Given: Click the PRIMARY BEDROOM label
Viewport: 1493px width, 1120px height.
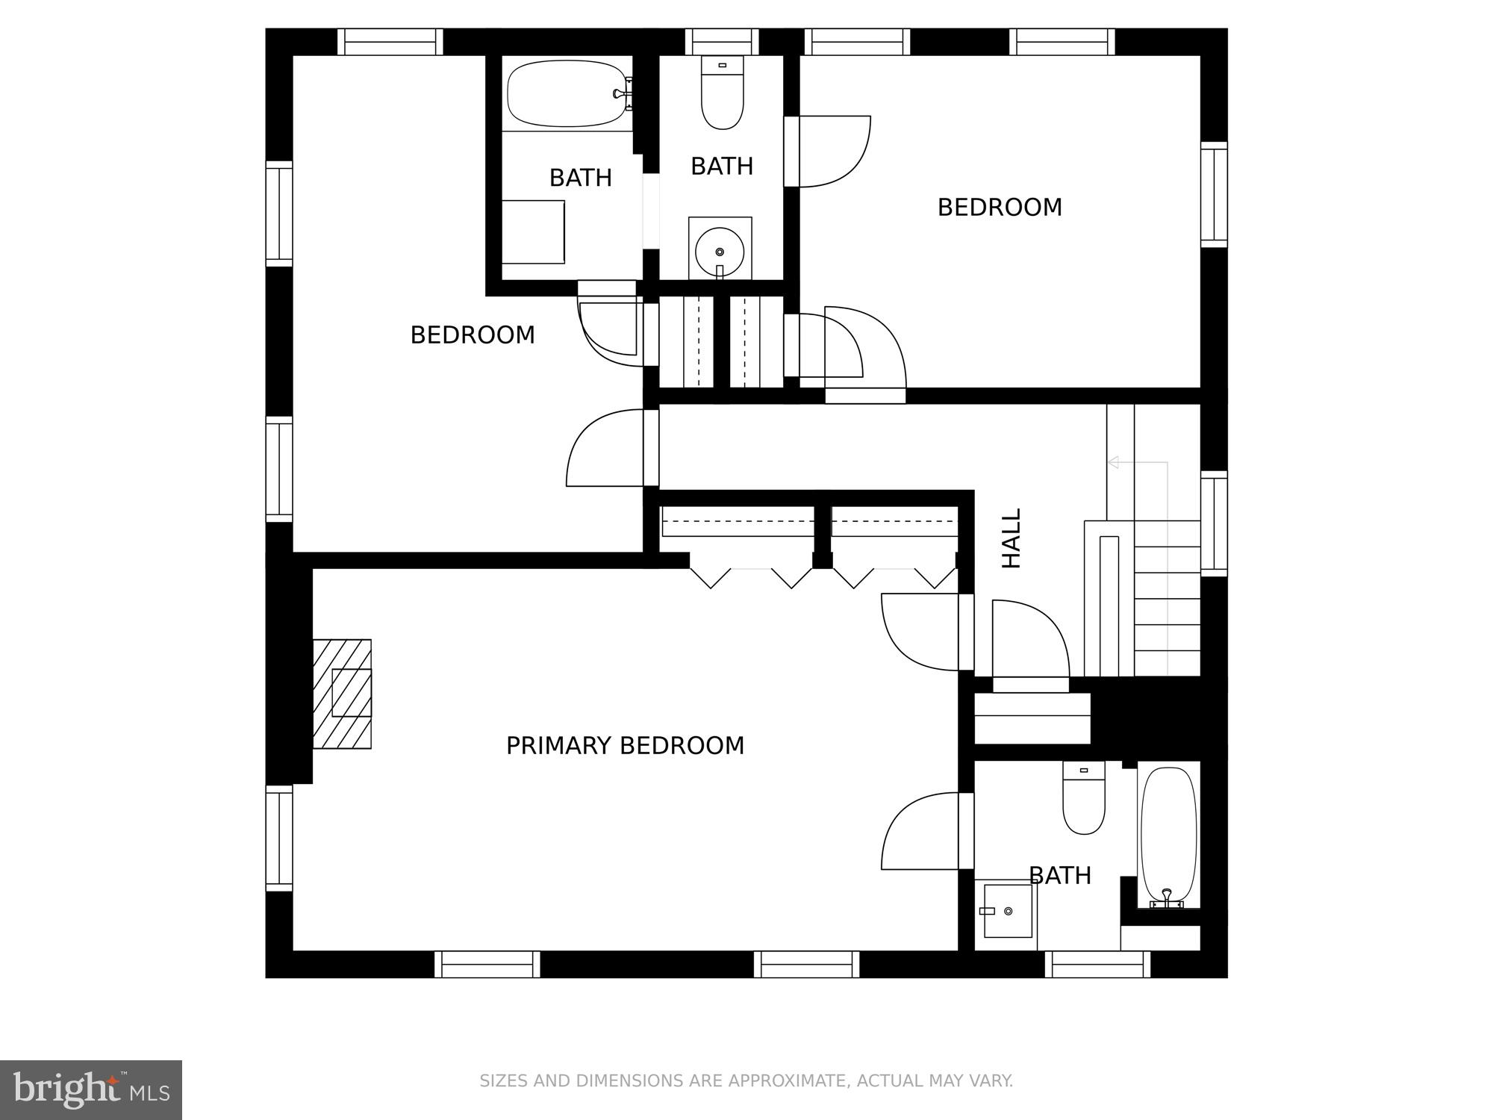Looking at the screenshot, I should coord(625,746).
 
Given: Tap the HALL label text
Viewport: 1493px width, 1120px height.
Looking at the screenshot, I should coord(1011,538).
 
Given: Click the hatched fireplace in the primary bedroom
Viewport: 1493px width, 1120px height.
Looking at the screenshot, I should coord(342,694).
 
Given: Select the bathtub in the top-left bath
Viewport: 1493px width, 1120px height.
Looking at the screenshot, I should coord(567,93).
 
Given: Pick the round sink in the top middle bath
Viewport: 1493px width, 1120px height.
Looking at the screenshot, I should coord(720,252).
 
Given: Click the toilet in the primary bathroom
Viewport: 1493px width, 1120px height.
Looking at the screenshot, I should coord(1083,799).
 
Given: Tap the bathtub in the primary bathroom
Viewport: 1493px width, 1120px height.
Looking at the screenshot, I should coord(1168,836).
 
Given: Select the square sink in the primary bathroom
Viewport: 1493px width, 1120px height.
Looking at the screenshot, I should coord(1007,911).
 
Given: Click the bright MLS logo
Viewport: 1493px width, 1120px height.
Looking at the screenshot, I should coord(91,1090).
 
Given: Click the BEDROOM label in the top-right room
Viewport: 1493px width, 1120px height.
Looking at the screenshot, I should coord(999,208).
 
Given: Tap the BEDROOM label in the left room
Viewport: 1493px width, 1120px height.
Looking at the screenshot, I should coord(473,335).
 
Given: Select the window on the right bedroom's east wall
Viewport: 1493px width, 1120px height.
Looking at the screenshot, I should coord(1214,194).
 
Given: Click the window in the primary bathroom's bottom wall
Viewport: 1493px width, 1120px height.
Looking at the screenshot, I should coord(1098,964).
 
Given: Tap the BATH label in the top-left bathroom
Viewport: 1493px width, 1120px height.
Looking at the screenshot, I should coord(580,178).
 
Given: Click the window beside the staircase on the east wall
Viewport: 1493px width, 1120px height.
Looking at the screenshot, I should coord(1214,523).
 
